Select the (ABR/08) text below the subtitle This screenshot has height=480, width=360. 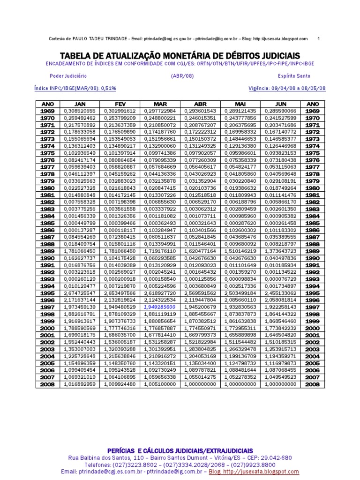pos(180,75)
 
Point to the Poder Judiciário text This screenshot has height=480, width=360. pos(68,75)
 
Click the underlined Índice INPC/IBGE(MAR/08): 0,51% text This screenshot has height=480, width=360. pos(75,88)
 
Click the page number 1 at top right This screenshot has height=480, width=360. pos(318,39)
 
